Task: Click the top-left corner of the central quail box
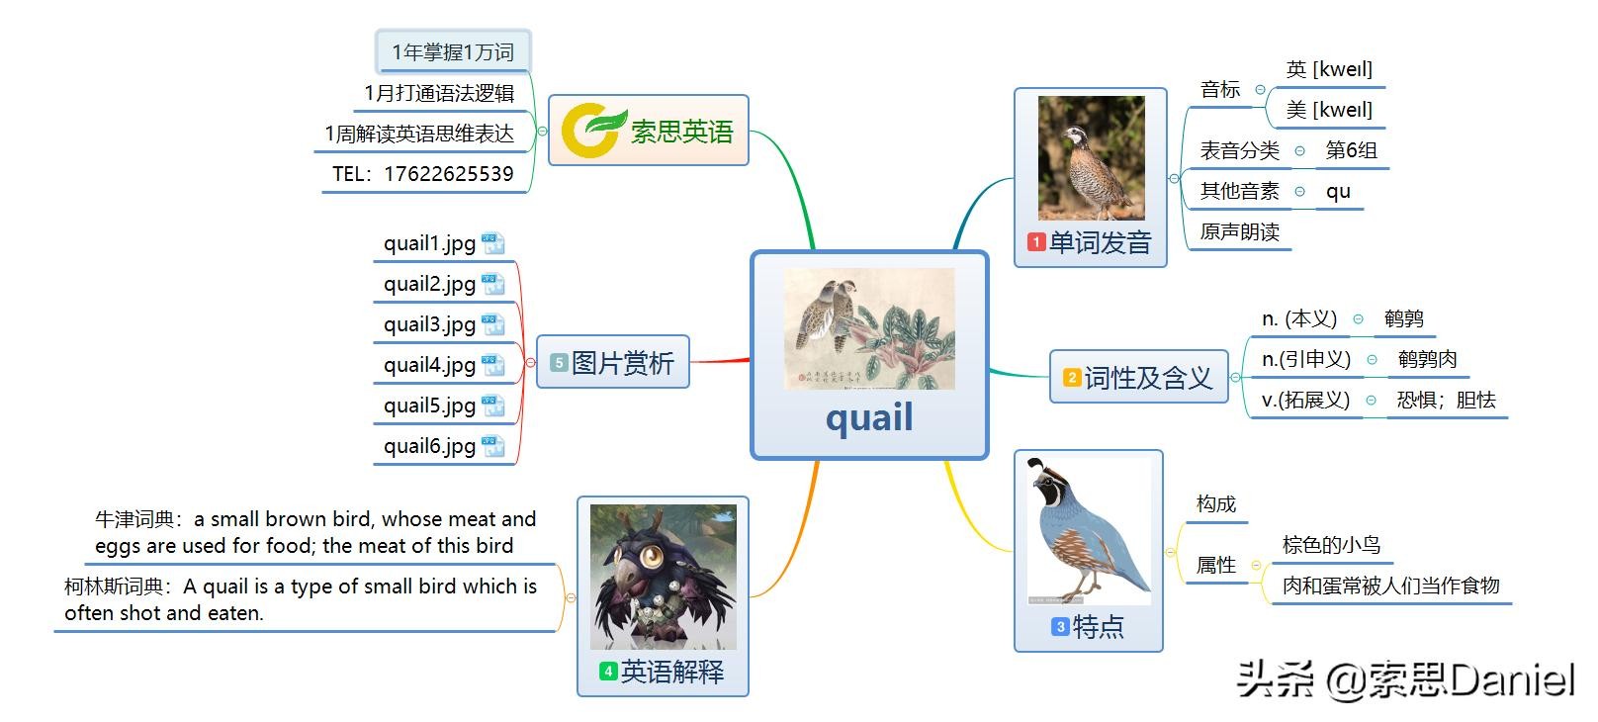(752, 251)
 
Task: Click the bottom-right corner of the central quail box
(988, 459)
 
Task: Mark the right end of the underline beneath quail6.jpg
(516, 465)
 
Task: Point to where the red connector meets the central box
(751, 360)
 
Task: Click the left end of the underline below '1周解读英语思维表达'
(314, 152)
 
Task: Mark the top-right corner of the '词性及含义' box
(1228, 350)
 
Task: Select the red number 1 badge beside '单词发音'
(1036, 242)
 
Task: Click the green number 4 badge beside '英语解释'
(608, 671)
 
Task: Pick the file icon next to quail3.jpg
(492, 324)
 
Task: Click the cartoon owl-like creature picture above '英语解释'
(664, 578)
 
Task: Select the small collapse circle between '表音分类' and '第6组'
(1299, 151)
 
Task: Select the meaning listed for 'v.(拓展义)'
(1446, 400)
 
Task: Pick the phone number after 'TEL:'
(449, 173)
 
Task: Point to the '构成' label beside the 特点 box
(1215, 504)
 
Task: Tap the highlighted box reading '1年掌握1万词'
(453, 51)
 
